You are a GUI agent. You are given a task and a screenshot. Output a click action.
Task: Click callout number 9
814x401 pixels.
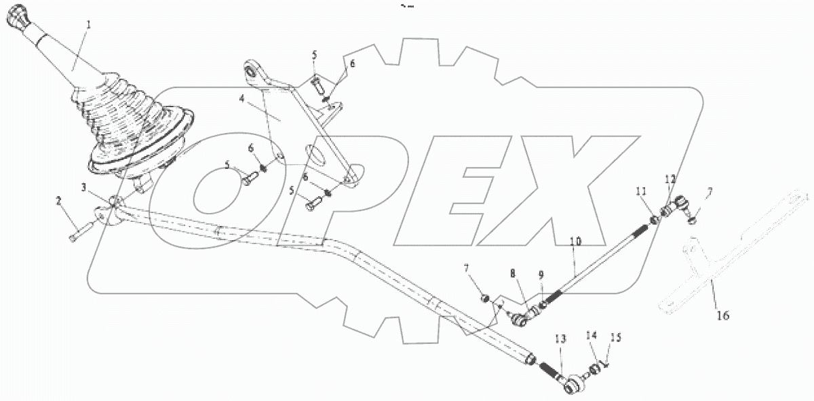click(541, 275)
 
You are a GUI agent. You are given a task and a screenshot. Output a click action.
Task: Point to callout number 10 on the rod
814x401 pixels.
click(575, 241)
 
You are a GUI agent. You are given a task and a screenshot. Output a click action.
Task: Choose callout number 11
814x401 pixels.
click(640, 193)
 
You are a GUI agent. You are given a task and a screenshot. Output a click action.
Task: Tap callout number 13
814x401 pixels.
click(560, 339)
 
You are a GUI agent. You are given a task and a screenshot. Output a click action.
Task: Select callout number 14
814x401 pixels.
click(592, 335)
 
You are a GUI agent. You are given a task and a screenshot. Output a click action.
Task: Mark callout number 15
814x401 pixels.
click(615, 337)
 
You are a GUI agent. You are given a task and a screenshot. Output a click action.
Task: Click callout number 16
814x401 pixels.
click(723, 316)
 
